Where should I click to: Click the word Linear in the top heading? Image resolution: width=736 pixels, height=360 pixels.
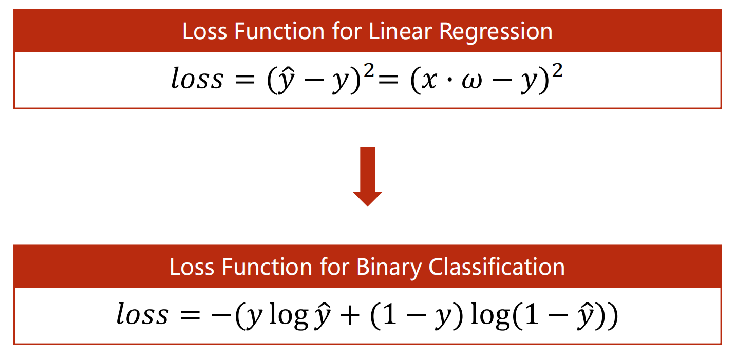point(401,31)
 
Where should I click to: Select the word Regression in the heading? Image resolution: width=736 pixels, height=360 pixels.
point(496,32)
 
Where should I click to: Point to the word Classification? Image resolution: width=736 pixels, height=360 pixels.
point(497,267)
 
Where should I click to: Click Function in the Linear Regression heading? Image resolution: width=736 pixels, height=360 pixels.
point(279,31)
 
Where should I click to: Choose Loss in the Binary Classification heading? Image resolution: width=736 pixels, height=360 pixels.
point(192,267)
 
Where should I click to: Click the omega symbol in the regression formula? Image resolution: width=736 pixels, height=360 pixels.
point(472,81)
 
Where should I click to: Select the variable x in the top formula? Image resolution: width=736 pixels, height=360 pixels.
point(429,81)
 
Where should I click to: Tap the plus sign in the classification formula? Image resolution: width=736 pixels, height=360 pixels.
point(350,316)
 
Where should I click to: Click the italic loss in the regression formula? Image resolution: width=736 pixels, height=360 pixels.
point(197,78)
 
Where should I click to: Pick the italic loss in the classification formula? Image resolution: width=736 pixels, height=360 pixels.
point(143,313)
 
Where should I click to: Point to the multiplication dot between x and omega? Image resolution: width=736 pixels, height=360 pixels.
point(449,80)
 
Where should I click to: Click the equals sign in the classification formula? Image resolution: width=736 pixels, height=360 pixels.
point(190,315)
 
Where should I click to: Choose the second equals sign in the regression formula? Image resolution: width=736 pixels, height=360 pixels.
point(388,80)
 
